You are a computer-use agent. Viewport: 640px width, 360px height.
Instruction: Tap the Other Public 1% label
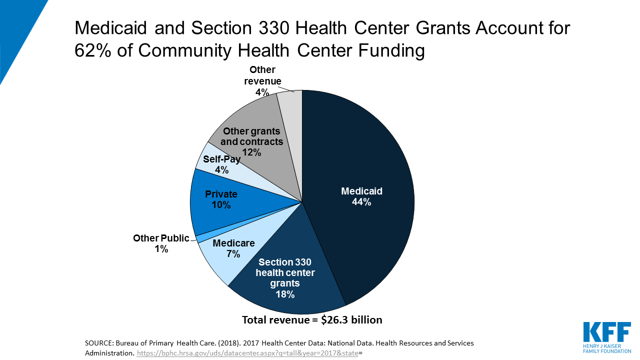point(161,243)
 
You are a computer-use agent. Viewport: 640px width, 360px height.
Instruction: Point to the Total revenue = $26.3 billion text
point(312,319)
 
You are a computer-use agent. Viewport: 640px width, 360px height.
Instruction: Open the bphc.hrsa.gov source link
point(248,352)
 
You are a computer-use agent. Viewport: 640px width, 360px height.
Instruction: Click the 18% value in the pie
point(285,293)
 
